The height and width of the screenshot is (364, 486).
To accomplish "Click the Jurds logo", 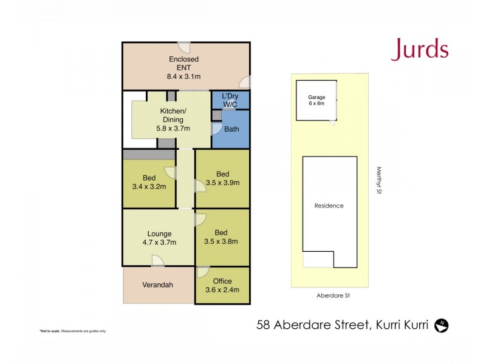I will point(420,50).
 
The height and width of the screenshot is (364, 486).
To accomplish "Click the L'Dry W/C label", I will point(230,101).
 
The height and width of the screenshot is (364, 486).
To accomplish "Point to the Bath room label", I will point(231,129).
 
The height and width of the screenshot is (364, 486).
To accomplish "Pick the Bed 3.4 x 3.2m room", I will point(149,183).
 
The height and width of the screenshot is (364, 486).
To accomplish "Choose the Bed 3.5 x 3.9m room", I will point(222,178).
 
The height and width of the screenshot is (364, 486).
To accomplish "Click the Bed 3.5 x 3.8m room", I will point(222,237).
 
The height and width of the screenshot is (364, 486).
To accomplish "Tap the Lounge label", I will point(159,234).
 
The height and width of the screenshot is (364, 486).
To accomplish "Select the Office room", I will point(222,285).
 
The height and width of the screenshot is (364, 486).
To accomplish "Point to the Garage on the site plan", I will point(317,100).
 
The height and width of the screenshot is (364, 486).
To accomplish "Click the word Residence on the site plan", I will point(329,206).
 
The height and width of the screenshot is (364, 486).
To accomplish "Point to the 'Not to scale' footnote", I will point(73,331).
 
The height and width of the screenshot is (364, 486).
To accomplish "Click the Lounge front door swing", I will point(158,261).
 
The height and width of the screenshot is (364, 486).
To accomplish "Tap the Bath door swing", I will point(216,129).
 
